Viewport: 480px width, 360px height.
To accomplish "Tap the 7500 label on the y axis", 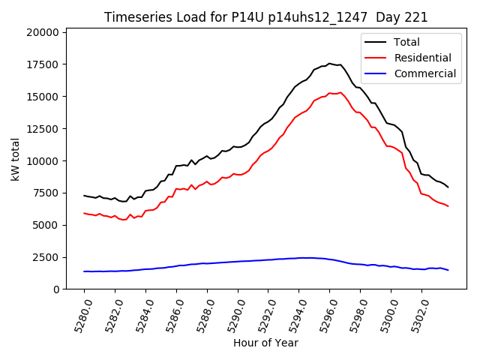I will (x=46, y=193).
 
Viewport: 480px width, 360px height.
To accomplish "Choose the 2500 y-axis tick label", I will (x=46, y=257).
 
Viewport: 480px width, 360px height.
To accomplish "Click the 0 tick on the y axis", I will (x=56, y=289).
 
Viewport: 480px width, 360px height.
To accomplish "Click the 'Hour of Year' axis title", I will (x=265, y=343).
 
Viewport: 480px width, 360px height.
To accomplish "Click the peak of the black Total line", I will (x=329, y=64).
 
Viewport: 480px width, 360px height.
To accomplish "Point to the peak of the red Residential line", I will (x=340, y=93).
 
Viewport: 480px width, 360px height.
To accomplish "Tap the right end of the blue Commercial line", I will (x=448, y=270).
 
